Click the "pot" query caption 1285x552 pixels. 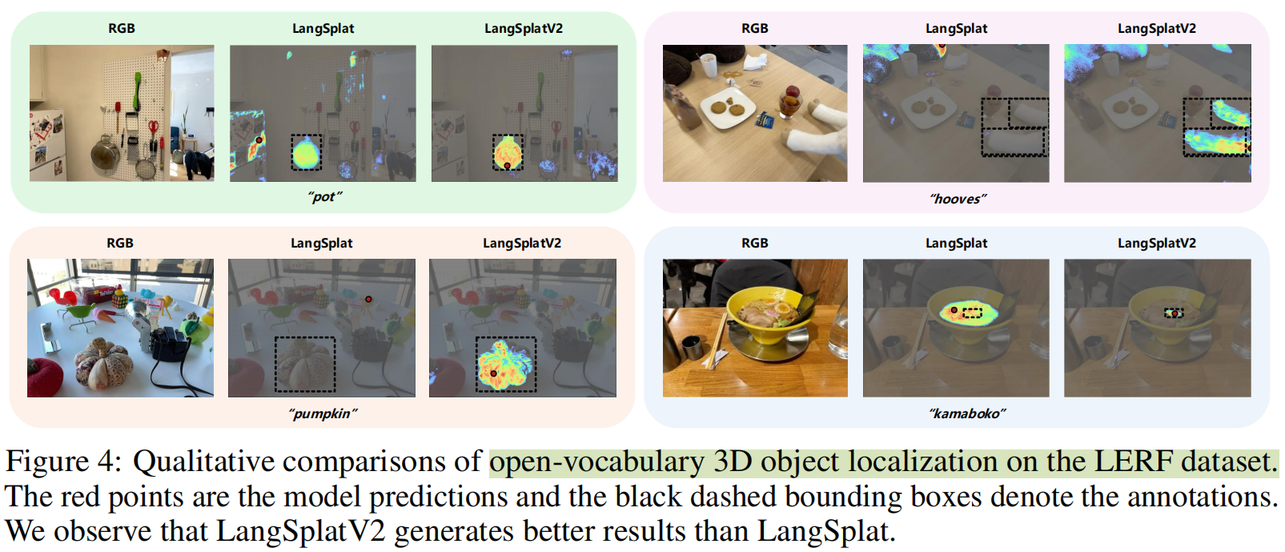[x=324, y=197]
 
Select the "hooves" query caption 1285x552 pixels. [x=958, y=199]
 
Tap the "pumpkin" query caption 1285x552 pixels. [x=323, y=414]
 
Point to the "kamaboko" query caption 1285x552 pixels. [x=966, y=414]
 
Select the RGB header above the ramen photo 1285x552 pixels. [x=754, y=244]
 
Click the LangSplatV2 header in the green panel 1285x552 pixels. [x=523, y=29]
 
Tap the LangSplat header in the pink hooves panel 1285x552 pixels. [x=956, y=29]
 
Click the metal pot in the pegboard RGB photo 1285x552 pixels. [x=104, y=150]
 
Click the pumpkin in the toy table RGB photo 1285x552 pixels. [x=103, y=364]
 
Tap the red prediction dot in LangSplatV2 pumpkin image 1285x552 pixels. [x=494, y=373]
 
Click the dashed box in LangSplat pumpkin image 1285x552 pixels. [x=305, y=364]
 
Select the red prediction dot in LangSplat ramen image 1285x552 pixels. [x=954, y=310]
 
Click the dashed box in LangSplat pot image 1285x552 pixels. [x=306, y=151]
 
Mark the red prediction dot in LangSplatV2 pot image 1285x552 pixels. [x=506, y=166]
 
